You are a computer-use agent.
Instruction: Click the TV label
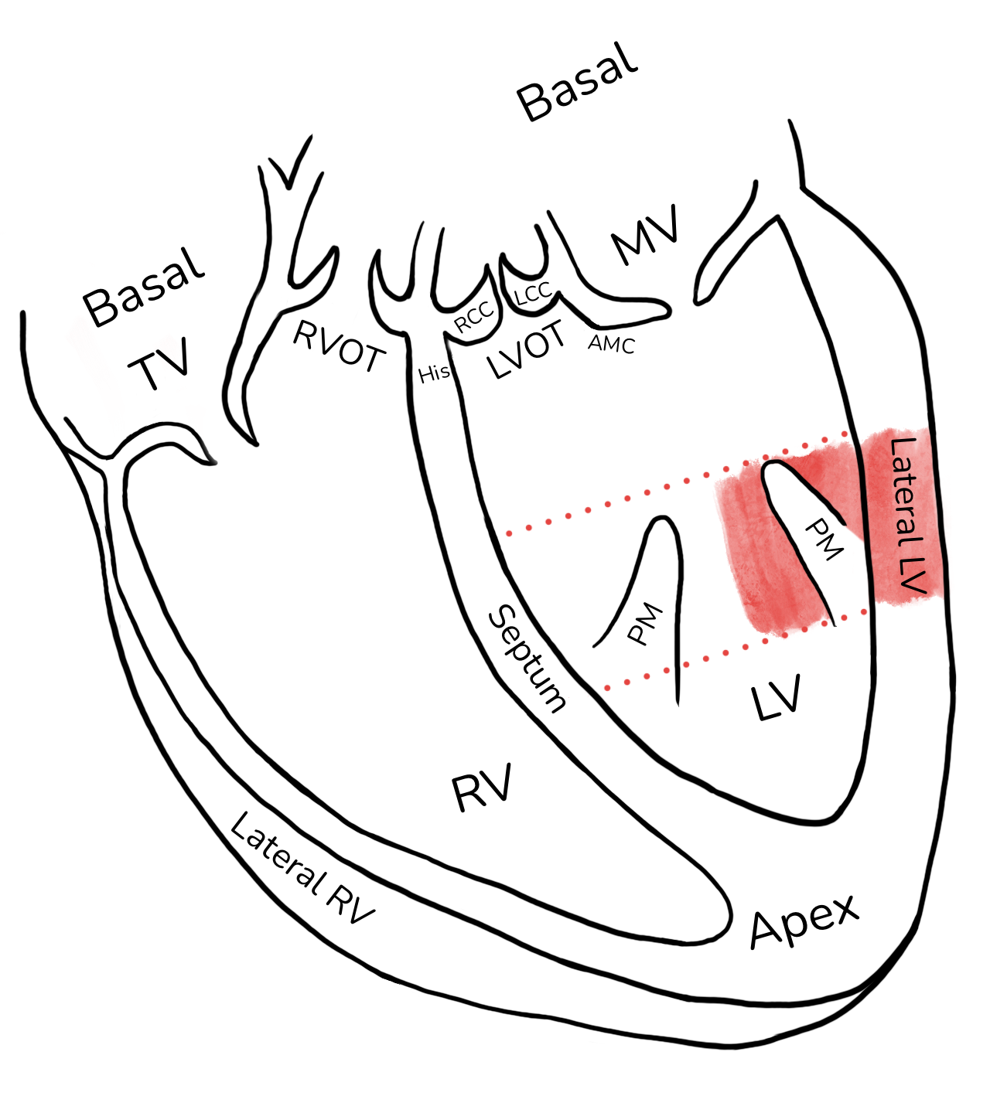point(159,362)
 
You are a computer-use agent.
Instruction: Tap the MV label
point(645,234)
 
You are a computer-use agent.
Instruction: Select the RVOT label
point(340,346)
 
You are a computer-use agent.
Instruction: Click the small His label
point(435,374)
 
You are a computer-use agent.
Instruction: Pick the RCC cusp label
point(474,318)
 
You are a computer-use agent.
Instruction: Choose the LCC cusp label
point(534,291)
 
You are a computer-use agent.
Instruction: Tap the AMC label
point(612,344)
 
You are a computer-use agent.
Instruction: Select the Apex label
point(804,921)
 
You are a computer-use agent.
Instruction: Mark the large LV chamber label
point(777,697)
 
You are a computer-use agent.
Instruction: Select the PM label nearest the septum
point(645,624)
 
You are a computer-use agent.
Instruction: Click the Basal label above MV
point(578,82)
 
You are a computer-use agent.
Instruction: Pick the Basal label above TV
point(143,288)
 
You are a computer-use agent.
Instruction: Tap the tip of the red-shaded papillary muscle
point(776,462)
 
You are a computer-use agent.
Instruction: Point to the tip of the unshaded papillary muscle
point(662,517)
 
